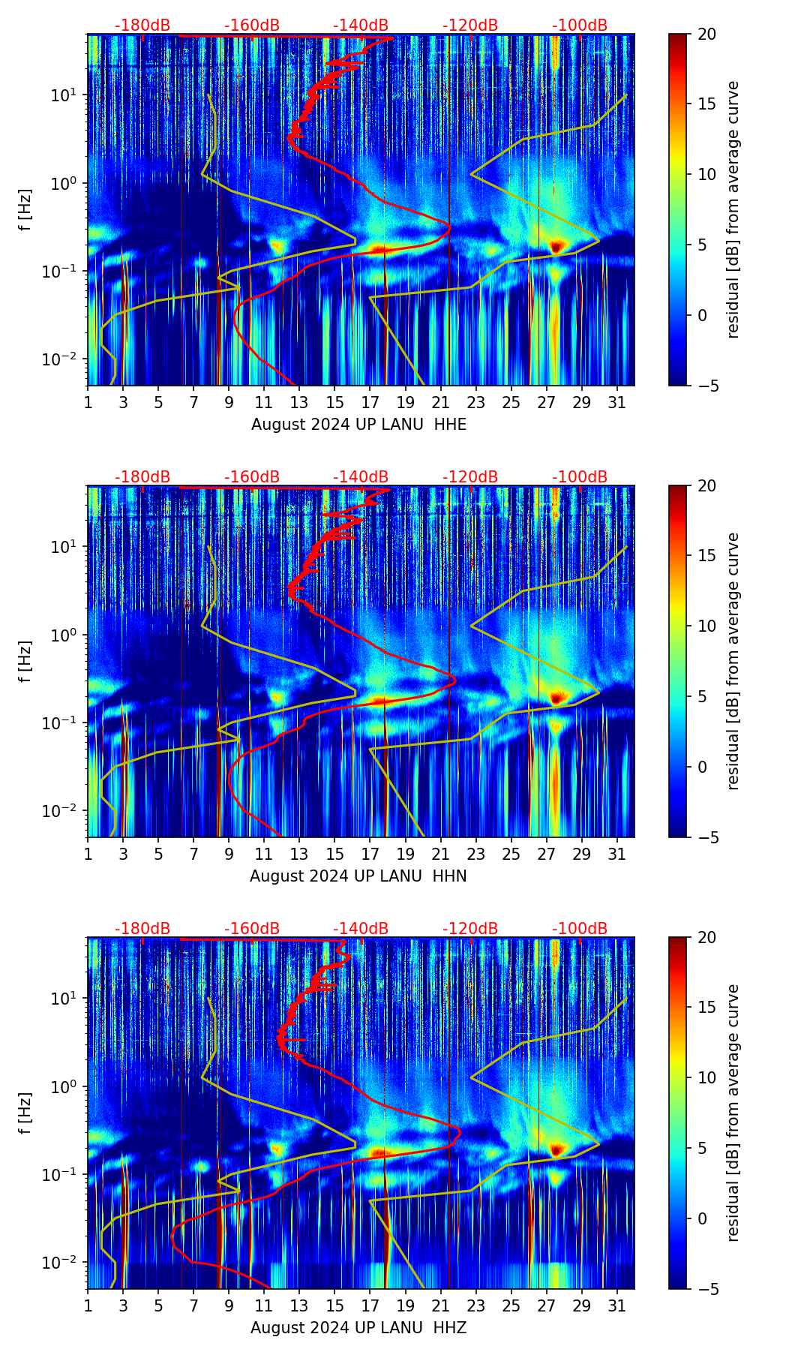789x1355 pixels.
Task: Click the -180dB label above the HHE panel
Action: coord(142,26)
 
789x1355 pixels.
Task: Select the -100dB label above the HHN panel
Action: coord(580,477)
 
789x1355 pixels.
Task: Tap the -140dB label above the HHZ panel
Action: coord(361,929)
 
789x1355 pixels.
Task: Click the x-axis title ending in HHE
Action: coord(358,425)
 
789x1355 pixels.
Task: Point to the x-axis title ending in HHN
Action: coord(358,876)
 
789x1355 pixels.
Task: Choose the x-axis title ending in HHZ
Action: coord(358,1328)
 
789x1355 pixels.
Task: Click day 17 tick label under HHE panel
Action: coord(370,402)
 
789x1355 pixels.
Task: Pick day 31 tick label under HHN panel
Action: coord(617,854)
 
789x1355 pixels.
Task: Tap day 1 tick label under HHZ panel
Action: coord(88,1305)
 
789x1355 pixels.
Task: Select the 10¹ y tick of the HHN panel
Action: coord(67,547)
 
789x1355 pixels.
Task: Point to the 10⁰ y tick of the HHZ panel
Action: coord(67,1086)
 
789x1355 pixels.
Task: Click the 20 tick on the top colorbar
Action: coord(706,35)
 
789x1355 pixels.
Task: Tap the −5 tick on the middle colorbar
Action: coord(706,837)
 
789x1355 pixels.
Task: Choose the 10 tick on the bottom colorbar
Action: coord(706,1077)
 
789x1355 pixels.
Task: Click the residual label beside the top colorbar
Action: coord(733,210)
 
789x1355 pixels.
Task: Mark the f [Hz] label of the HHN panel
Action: coord(25,661)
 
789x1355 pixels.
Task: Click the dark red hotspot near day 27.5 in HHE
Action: coord(556,246)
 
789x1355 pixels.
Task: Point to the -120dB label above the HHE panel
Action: coord(470,26)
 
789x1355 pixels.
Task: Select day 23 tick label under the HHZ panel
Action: coord(476,1305)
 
